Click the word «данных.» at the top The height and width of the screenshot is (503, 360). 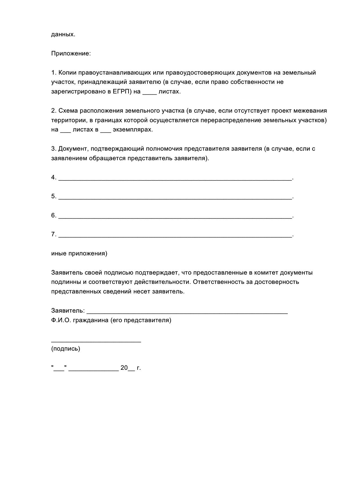(x=63, y=35)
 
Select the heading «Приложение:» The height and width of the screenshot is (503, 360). (x=71, y=54)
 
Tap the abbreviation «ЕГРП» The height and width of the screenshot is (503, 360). (x=121, y=92)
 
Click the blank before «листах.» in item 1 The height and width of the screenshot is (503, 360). (x=150, y=92)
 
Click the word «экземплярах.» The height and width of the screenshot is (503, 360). (x=133, y=130)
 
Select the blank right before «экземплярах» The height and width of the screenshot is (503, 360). (x=106, y=131)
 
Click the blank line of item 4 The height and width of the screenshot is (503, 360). (x=175, y=179)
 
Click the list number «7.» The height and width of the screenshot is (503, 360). (x=54, y=234)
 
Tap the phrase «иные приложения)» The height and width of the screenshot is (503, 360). (x=79, y=253)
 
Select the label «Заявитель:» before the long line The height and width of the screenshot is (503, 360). (x=68, y=311)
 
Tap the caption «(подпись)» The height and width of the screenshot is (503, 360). (x=66, y=349)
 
